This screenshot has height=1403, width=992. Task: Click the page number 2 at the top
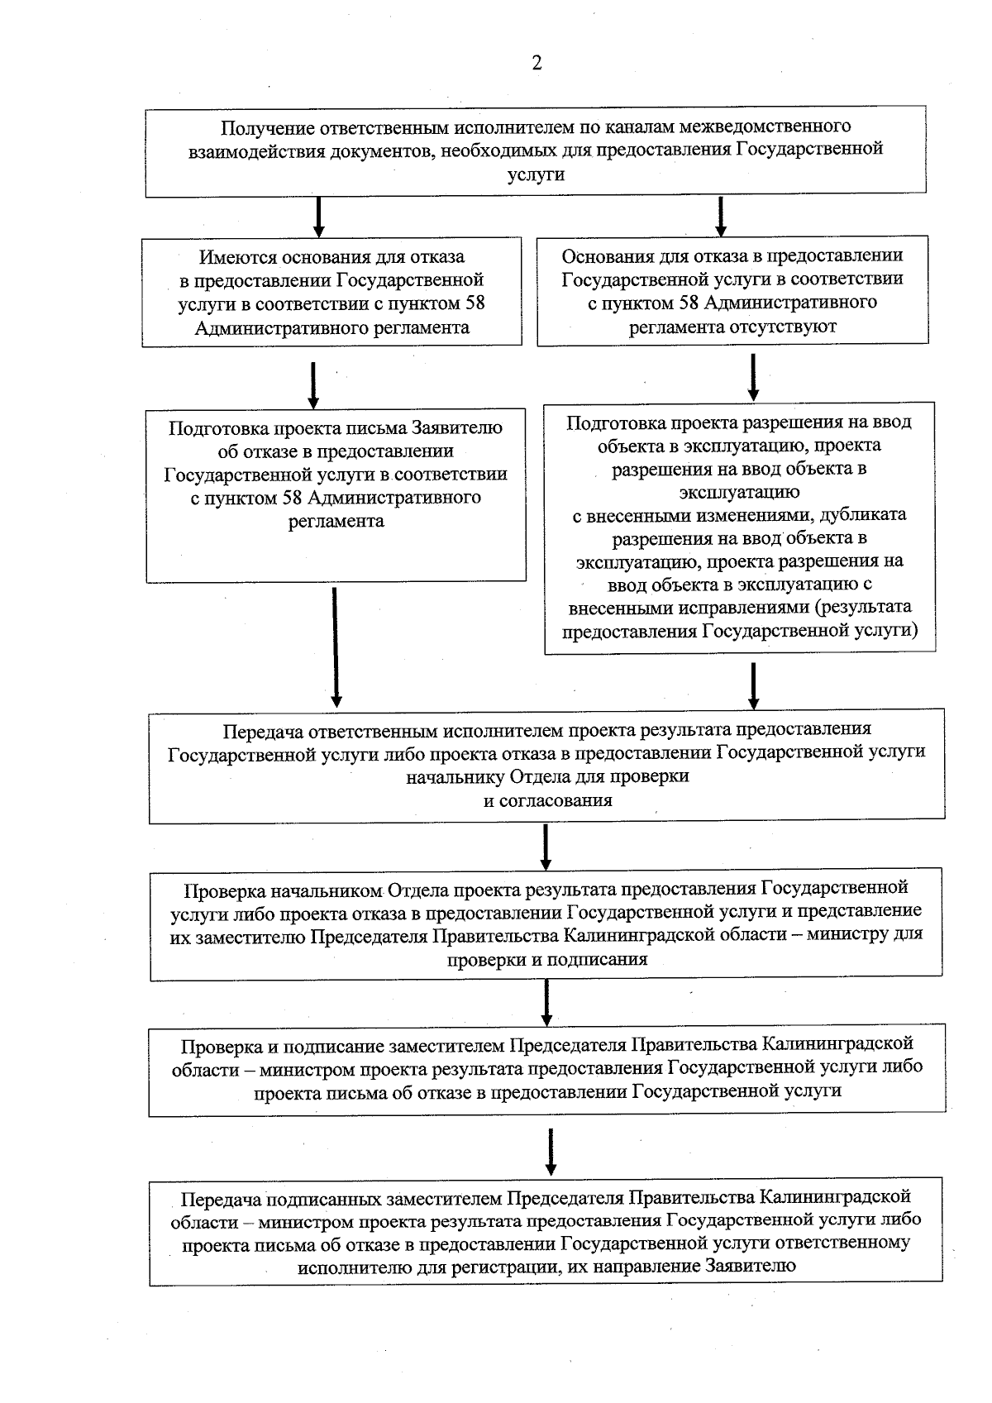coord(537,63)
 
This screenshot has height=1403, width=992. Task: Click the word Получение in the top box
coord(267,127)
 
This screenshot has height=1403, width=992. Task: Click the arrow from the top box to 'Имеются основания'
coord(319,217)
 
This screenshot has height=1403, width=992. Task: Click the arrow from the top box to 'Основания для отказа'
coord(721,217)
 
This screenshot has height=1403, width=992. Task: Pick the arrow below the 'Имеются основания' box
coord(314,384)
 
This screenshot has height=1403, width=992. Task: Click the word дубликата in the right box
coord(868,515)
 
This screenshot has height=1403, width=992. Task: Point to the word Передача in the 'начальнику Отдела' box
coord(262,731)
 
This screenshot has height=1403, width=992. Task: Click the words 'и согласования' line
coord(547,800)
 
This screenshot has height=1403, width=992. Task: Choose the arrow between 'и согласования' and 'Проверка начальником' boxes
coord(546,847)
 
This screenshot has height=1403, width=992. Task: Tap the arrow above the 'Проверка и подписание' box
coord(546,1002)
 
